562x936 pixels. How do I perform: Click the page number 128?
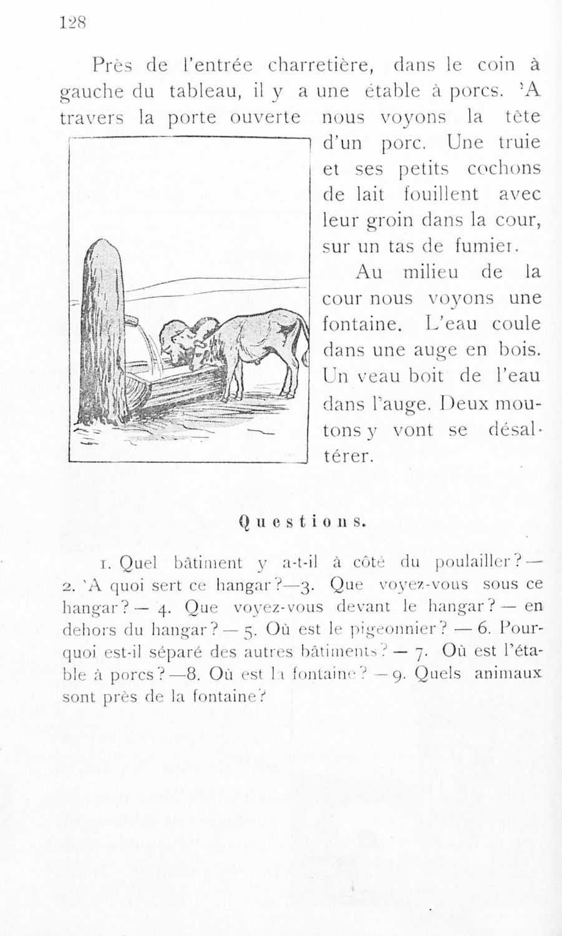point(72,23)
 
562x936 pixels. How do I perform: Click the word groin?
point(390,221)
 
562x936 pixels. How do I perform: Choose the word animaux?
point(509,673)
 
